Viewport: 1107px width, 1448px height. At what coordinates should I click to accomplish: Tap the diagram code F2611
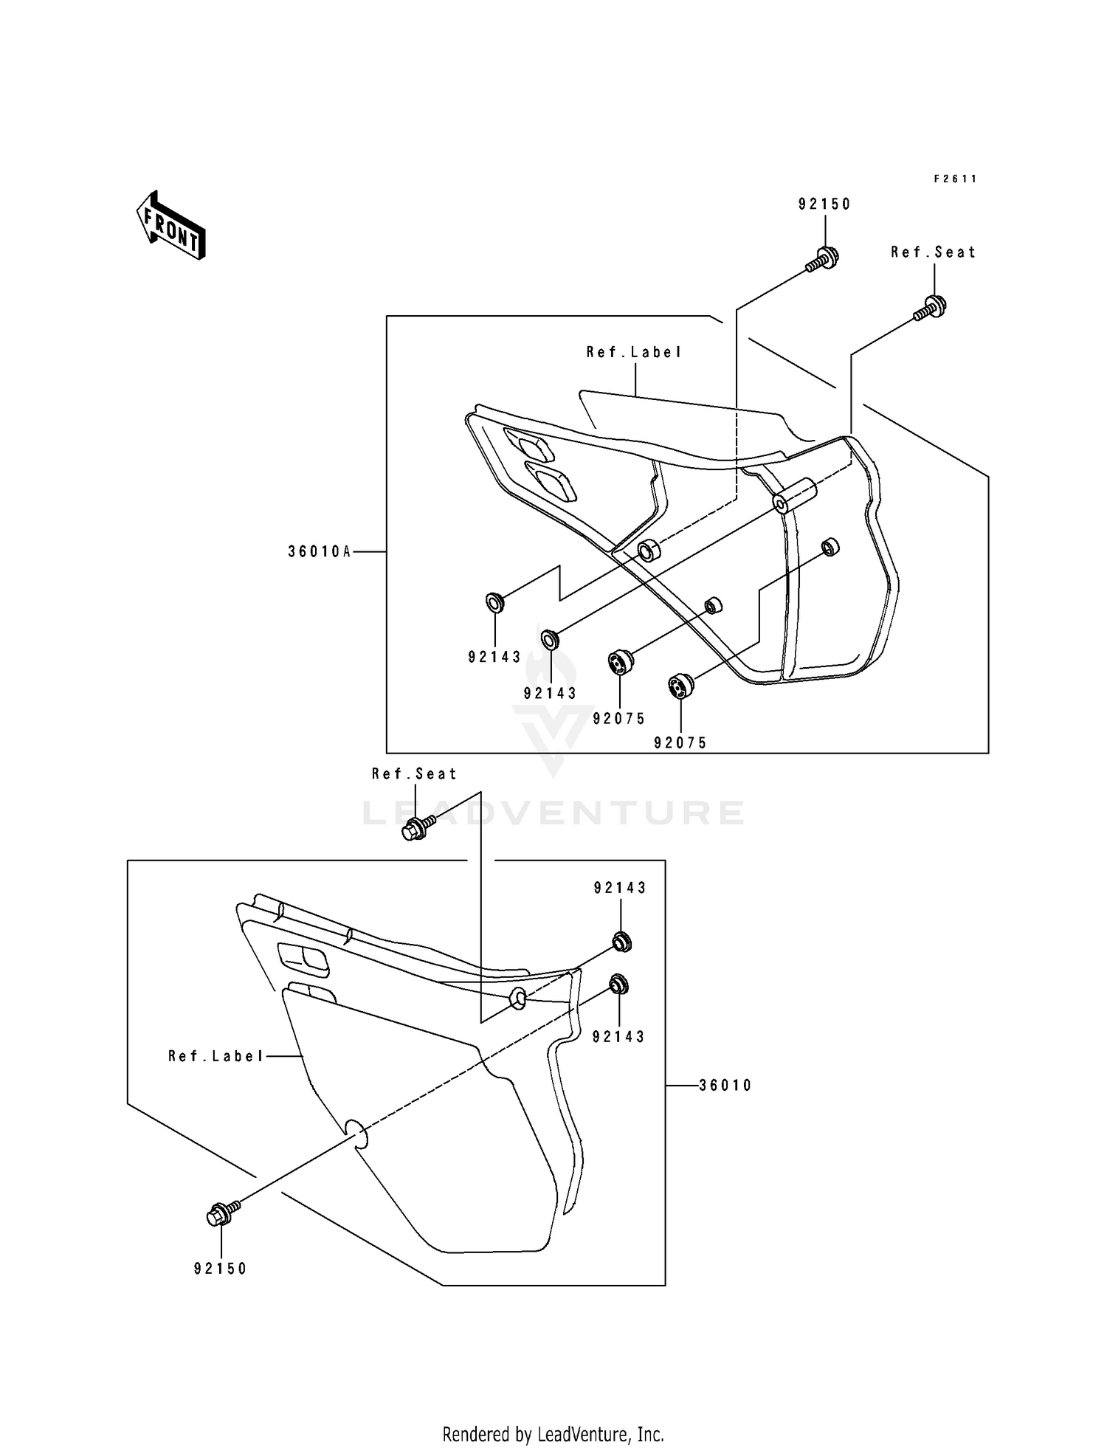tap(955, 179)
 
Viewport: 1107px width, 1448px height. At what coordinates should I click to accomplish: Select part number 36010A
tap(320, 551)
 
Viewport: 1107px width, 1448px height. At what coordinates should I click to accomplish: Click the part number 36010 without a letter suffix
tap(725, 1085)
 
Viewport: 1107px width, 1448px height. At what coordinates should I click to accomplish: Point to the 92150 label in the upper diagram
tap(824, 204)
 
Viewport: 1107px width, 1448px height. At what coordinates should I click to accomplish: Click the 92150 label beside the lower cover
tap(221, 1268)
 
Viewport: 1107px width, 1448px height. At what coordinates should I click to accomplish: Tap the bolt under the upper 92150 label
tap(823, 258)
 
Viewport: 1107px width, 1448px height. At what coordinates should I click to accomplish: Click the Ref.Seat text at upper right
tap(933, 252)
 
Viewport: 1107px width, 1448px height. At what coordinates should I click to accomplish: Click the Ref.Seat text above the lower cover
tap(414, 773)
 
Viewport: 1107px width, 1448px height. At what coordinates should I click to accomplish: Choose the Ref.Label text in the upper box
tap(634, 352)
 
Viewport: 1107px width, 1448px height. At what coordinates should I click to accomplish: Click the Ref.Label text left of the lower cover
tap(215, 1056)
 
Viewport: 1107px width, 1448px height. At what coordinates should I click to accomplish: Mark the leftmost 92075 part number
tap(619, 718)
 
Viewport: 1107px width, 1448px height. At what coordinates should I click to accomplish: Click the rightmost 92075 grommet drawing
tap(680, 686)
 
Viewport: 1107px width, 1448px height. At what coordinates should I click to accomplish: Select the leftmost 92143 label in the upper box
tap(494, 657)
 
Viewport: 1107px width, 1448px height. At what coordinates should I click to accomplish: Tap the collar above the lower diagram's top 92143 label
tap(621, 942)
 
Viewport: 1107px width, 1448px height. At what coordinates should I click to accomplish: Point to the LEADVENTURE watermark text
tap(553, 813)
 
